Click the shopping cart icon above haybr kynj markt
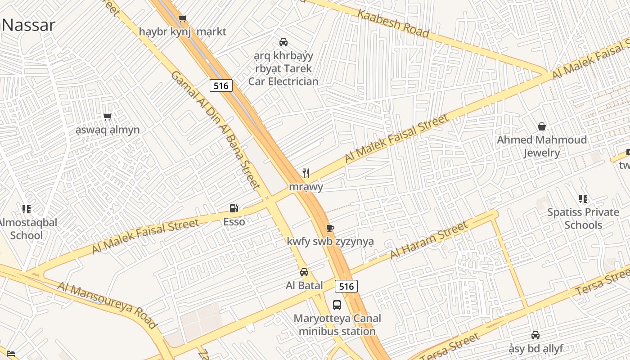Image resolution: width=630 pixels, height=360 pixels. point(182,19)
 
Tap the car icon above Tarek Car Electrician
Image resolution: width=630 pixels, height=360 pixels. point(283,42)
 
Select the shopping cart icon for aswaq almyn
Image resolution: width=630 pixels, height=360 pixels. point(108,117)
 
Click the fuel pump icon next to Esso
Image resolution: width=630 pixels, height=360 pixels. point(234,208)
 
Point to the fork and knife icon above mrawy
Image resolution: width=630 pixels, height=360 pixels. point(306,173)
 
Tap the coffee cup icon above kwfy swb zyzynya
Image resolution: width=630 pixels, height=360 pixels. point(330,228)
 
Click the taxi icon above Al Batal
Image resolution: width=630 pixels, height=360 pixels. point(304,272)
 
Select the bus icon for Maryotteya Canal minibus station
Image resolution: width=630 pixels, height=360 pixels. point(337,305)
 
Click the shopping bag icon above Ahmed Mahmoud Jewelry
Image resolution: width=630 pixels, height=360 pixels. point(542,126)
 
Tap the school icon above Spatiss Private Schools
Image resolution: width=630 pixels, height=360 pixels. point(583,199)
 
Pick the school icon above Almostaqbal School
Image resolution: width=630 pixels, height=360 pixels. point(27,209)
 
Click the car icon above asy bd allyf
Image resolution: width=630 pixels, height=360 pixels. point(535,335)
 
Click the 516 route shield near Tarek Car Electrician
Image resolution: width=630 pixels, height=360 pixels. point(221,85)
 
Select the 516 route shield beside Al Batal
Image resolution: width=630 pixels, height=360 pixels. point(346,286)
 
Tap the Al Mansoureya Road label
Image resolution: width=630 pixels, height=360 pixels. point(108,305)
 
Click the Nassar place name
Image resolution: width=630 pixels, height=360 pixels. point(28,25)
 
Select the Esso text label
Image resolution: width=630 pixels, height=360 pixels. point(234,221)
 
